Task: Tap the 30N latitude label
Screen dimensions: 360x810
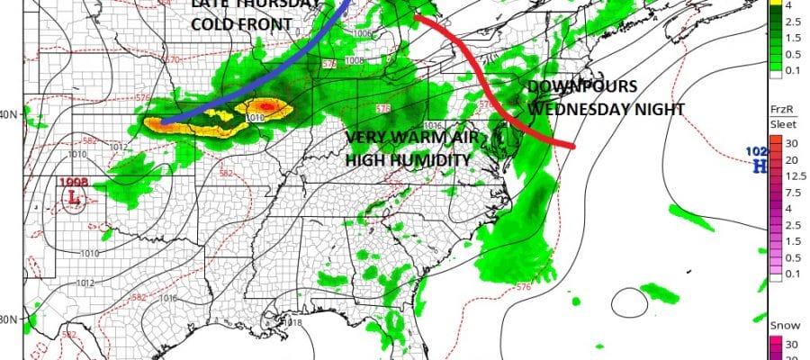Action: click(x=12, y=319)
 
